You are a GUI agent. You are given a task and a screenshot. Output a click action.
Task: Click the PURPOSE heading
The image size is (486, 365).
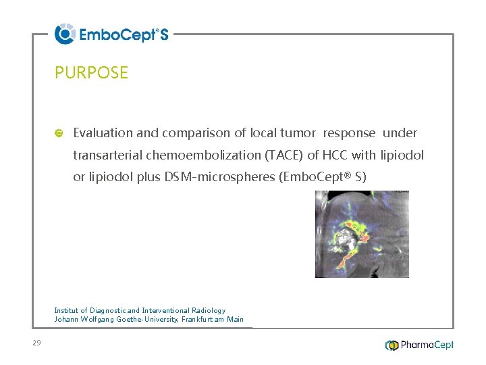coord(91,72)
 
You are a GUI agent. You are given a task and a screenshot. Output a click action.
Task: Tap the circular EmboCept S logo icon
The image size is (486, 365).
coord(65,34)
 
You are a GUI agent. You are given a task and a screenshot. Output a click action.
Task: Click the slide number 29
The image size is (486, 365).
coord(36,343)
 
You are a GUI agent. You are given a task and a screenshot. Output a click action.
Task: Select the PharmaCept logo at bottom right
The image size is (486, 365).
coord(419,345)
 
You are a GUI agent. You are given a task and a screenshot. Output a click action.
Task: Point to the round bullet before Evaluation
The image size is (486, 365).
coord(59,133)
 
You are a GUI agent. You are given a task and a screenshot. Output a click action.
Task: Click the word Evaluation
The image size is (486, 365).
coord(103,133)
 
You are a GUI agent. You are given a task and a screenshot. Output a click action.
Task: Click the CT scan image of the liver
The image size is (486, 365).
coord(362,234)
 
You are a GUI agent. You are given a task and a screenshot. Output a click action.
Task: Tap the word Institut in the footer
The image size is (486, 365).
coord(67,310)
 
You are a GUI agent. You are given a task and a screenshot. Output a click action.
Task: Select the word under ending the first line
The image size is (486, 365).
coord(400,133)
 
